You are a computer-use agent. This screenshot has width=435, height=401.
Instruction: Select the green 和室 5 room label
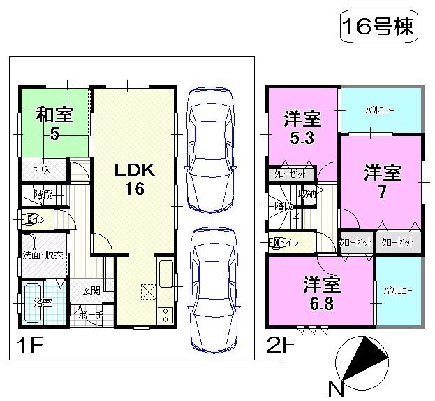pos(54,122)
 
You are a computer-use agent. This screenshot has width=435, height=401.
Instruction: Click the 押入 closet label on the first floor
pos(34,169)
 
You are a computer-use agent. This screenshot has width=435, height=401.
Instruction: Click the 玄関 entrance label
pos(90,290)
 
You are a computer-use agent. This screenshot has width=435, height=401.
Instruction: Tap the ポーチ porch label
pos(91,316)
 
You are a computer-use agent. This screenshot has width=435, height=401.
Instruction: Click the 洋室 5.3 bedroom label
pos(302,127)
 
